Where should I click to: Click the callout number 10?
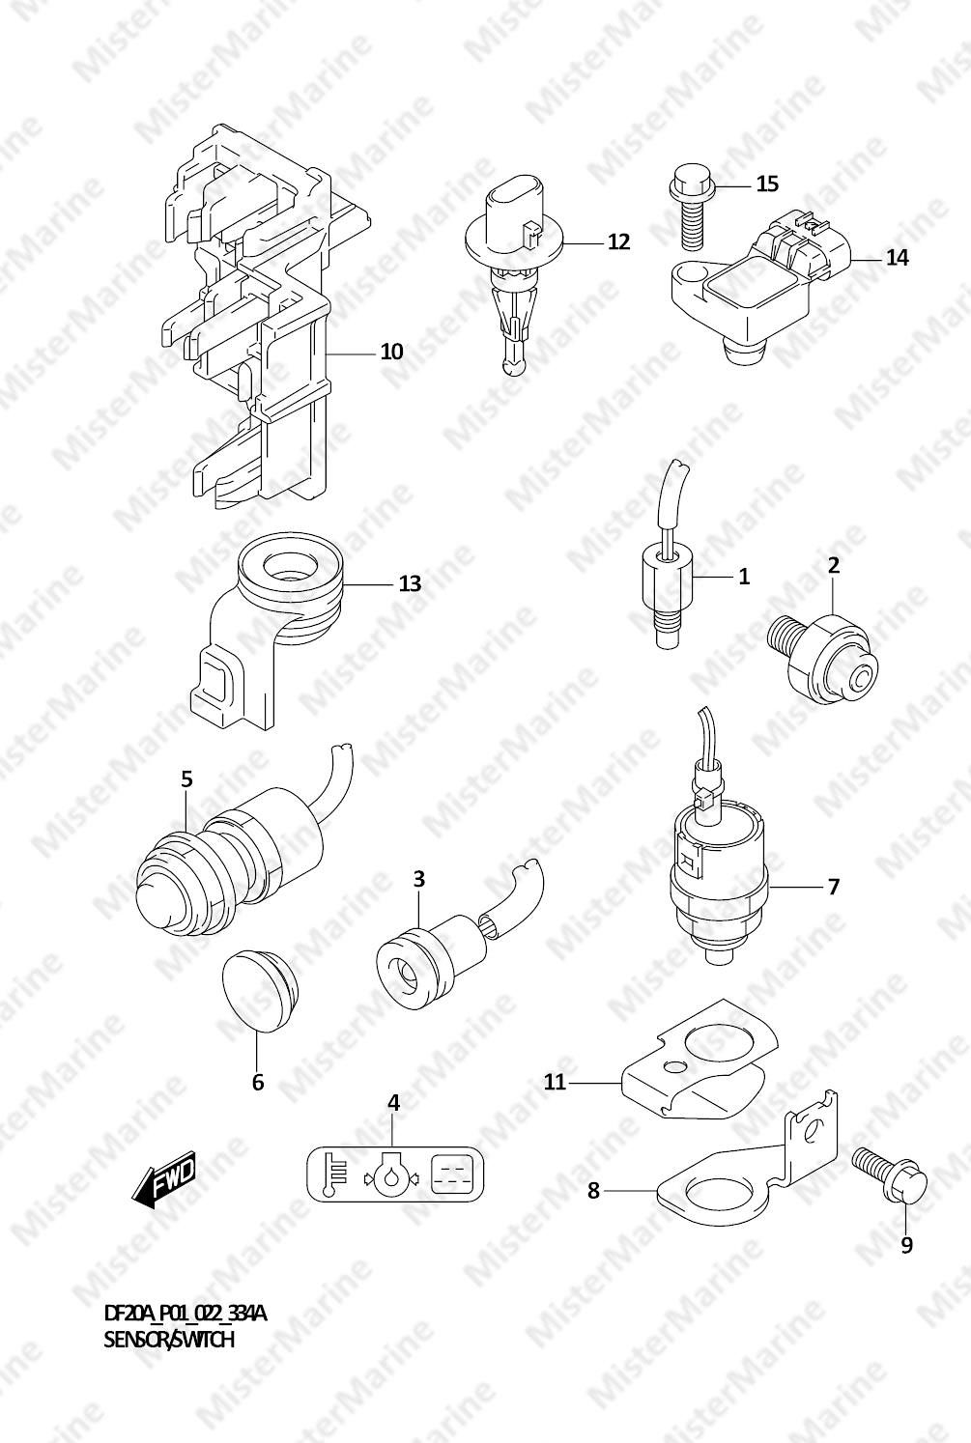click(391, 352)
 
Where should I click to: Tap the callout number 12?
click(618, 241)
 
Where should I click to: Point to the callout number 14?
click(898, 258)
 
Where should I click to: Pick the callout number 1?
click(744, 576)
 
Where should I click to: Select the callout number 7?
click(834, 887)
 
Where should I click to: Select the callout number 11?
click(555, 1082)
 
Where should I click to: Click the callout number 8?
click(593, 1191)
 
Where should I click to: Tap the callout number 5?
click(186, 779)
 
